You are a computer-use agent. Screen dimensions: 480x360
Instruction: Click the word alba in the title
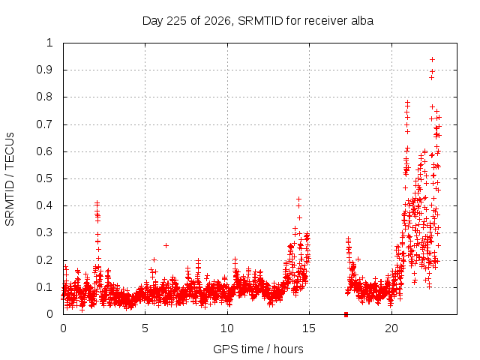[x=362, y=21]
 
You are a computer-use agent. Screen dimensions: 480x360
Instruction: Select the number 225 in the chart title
[x=175, y=21]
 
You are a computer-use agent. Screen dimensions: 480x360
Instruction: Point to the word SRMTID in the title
[x=260, y=21]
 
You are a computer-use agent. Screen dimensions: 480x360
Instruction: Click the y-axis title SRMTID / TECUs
[x=10, y=179]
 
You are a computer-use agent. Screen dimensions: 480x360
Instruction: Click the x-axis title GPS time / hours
[x=258, y=349]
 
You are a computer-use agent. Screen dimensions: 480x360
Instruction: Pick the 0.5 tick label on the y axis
[x=44, y=178]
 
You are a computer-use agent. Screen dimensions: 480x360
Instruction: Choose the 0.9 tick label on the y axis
[x=44, y=70]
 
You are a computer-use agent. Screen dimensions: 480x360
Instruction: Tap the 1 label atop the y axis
[x=49, y=43]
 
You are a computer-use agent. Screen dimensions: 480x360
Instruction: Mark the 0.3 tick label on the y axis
[x=44, y=232]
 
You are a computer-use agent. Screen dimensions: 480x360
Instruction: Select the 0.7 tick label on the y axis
[x=44, y=124]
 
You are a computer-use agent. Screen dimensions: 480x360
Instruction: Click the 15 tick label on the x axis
[x=309, y=328]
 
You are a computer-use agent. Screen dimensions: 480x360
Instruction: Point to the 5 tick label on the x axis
[x=145, y=328]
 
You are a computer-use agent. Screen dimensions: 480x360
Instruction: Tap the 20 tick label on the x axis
[x=391, y=328]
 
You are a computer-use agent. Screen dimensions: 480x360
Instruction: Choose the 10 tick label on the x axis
[x=226, y=328]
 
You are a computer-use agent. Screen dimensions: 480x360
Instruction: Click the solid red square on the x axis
[x=346, y=314]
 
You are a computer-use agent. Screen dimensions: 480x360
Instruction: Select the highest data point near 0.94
[x=432, y=59]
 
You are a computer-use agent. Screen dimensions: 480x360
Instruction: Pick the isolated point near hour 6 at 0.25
[x=166, y=245]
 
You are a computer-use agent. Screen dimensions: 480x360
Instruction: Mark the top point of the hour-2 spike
[x=97, y=202]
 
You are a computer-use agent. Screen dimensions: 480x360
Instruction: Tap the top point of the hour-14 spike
[x=298, y=199]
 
